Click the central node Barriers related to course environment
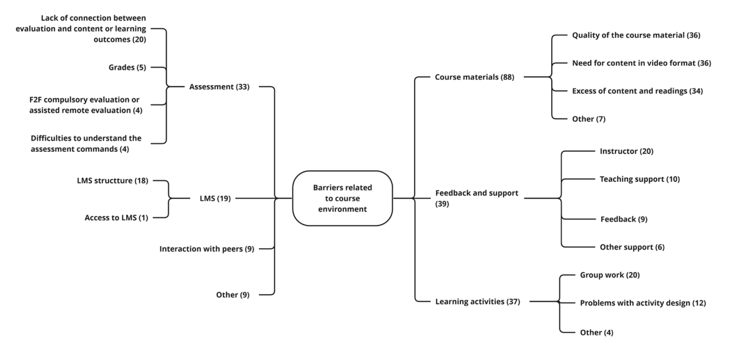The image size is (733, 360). [x=342, y=198]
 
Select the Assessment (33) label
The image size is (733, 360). [x=219, y=87]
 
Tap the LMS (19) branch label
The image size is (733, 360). [x=212, y=198]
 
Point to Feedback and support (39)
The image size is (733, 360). [x=476, y=198]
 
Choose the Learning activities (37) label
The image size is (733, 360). [x=477, y=302]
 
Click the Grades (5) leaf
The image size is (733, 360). [x=127, y=68]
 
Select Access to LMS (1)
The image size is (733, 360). [x=116, y=218]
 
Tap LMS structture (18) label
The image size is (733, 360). [x=112, y=181]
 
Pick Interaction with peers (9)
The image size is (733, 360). [x=206, y=249]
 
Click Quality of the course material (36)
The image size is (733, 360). [x=635, y=36]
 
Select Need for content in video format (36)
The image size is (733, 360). [x=641, y=63]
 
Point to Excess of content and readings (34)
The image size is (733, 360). [x=637, y=91]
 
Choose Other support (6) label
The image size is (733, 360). [x=631, y=247]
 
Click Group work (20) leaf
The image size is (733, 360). [x=610, y=275]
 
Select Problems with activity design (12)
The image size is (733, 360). [x=642, y=303]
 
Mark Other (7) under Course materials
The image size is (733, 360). [x=588, y=119]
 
